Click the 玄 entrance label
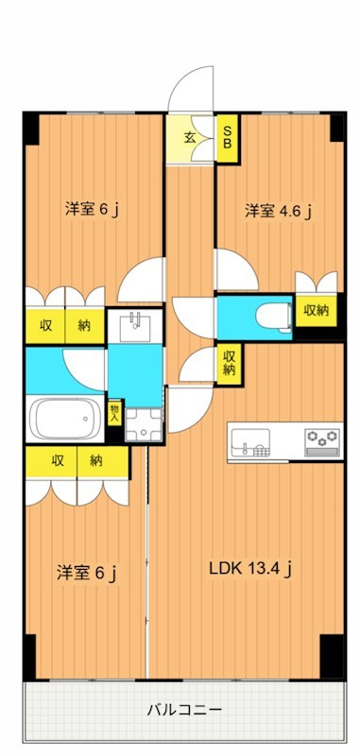click(190, 137)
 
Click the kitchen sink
click(251, 441)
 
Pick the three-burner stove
click(322, 440)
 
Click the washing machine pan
click(143, 426)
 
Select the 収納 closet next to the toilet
click(316, 309)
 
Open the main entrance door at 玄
click(193, 90)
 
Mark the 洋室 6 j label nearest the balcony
click(86, 572)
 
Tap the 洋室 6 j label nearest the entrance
click(91, 209)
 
